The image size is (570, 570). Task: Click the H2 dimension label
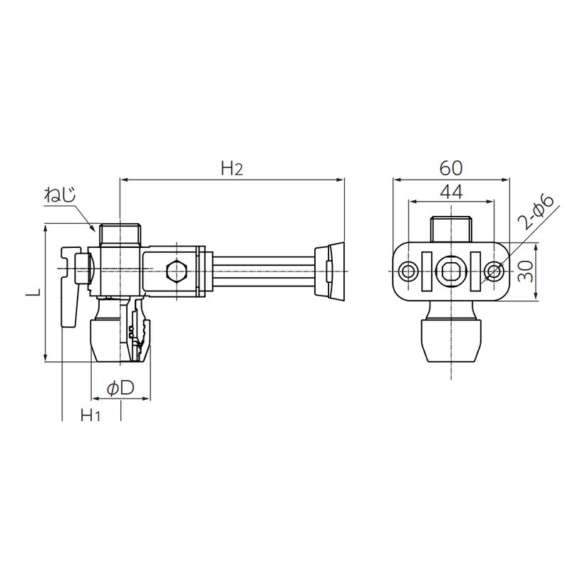pyautogui.click(x=232, y=168)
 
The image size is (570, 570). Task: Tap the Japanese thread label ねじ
pyautogui.click(x=60, y=195)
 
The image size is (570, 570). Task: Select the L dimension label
pyautogui.click(x=33, y=292)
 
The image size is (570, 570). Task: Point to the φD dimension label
pyautogui.click(x=120, y=388)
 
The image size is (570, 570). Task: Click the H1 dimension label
pyautogui.click(x=90, y=415)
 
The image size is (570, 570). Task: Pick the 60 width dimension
pyautogui.click(x=451, y=168)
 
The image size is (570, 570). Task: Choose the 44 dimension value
pyautogui.click(x=451, y=192)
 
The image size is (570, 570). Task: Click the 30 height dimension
pyautogui.click(x=526, y=271)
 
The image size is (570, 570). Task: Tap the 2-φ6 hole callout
pyautogui.click(x=536, y=212)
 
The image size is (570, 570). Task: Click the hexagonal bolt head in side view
pyautogui.click(x=176, y=271)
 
